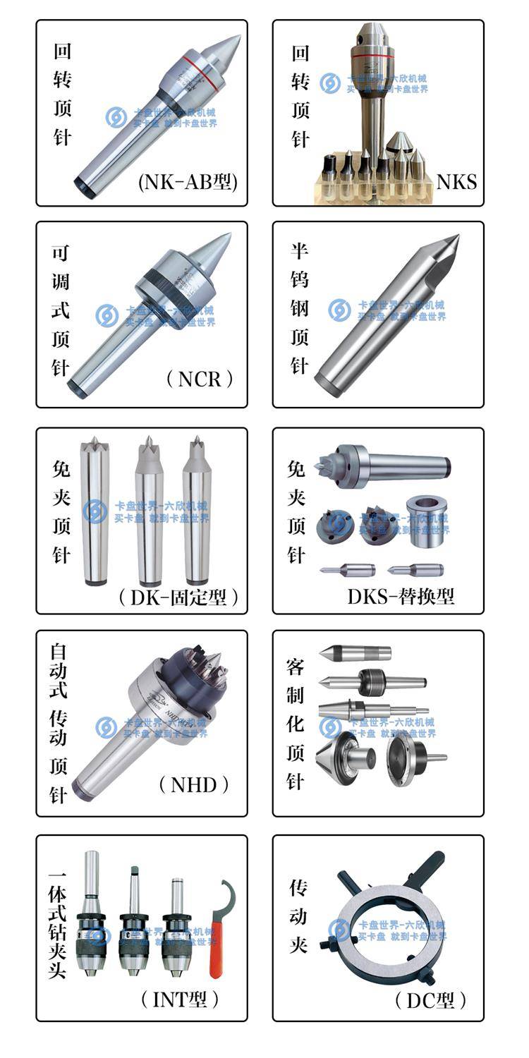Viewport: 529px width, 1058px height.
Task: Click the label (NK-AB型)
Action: tap(188, 183)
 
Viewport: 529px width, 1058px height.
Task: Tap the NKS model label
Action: tap(456, 183)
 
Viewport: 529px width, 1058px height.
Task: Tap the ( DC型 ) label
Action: tap(430, 1000)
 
